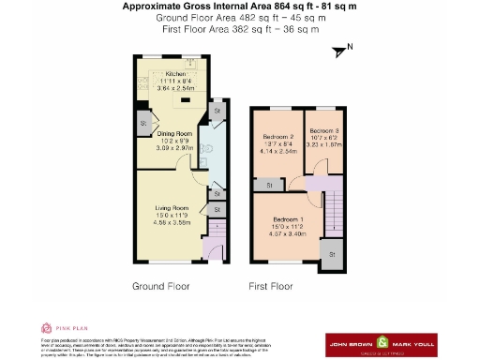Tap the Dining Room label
coord(173,134)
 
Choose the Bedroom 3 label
coord(322,130)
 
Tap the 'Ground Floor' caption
coord(161,286)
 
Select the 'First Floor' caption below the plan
coord(270,286)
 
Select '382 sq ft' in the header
coord(243,29)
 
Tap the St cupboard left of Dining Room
coord(144,123)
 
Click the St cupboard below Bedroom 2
coord(270,186)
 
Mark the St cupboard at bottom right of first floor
coord(333,253)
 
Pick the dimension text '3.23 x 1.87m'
coord(323,145)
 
